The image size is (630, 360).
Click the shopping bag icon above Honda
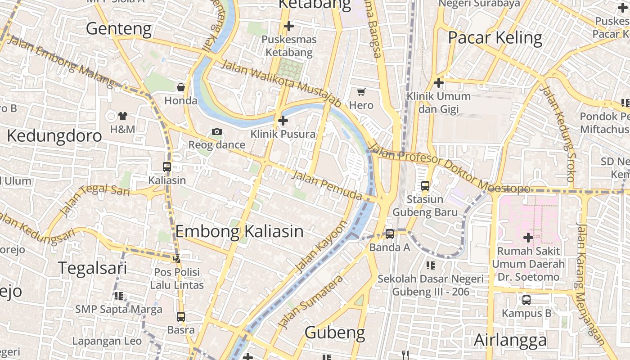pyautogui.click(x=181, y=87)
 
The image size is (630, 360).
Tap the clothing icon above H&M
pyautogui.click(x=122, y=116)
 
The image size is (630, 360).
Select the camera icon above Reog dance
pyautogui.click(x=217, y=131)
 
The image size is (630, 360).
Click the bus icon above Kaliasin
pyautogui.click(x=167, y=166)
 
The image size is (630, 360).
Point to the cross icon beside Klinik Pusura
pyautogui.click(x=283, y=121)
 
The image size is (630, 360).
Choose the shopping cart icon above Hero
pyautogui.click(x=361, y=92)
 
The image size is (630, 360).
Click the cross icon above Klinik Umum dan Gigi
pyautogui.click(x=439, y=83)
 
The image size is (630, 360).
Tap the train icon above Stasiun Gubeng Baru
pyautogui.click(x=425, y=185)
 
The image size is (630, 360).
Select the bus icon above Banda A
pyautogui.click(x=390, y=234)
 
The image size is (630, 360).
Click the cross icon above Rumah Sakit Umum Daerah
pyautogui.click(x=528, y=237)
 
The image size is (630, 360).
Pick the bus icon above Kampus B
pyautogui.click(x=526, y=300)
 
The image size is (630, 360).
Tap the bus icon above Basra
pyautogui.click(x=181, y=317)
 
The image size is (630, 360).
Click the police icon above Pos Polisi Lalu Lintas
pyautogui.click(x=177, y=259)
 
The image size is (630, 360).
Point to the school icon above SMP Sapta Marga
pyautogui.click(x=119, y=296)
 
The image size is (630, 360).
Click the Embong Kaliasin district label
pyautogui.click(x=239, y=231)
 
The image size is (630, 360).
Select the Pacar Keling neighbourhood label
pyautogui.click(x=495, y=38)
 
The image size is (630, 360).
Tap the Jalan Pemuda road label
pyautogui.click(x=327, y=185)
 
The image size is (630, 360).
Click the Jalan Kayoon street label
pyautogui.click(x=322, y=247)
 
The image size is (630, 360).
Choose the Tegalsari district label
pyautogui.click(x=93, y=268)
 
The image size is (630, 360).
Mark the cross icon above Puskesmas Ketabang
pyautogui.click(x=289, y=26)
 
